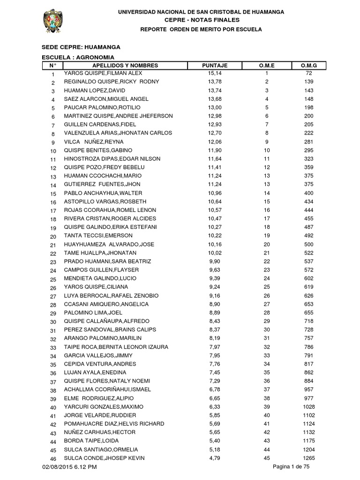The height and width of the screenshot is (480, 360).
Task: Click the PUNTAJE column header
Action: (x=214, y=66)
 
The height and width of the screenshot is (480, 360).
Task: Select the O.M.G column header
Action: (x=308, y=66)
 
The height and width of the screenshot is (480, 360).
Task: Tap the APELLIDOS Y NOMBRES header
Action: (x=125, y=66)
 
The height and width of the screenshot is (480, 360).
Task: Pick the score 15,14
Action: (x=214, y=74)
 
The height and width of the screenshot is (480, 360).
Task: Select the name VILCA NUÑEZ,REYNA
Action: (x=94, y=142)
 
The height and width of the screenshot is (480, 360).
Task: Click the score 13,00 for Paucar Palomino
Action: (x=214, y=108)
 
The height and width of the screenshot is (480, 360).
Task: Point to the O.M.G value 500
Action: (x=308, y=245)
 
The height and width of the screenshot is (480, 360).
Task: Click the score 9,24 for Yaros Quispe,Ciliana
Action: (x=214, y=287)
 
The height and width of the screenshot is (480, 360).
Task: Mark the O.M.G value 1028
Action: (x=308, y=407)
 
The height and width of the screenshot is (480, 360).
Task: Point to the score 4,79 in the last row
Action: (x=214, y=458)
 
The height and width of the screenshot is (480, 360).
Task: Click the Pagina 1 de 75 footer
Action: (x=291, y=466)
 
